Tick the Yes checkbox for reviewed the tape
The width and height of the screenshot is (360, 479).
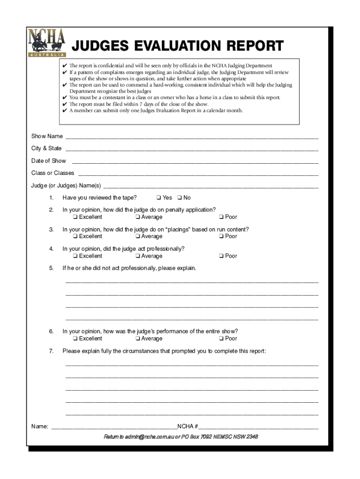click(x=159, y=198)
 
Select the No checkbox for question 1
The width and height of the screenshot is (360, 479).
click(x=180, y=198)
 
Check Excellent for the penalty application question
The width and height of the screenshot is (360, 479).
click(x=75, y=217)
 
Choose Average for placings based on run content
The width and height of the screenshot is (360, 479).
click(x=138, y=236)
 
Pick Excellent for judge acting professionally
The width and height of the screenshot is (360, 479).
click(x=75, y=256)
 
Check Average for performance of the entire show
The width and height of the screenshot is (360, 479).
click(x=138, y=339)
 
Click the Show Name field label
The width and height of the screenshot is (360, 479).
click(x=47, y=136)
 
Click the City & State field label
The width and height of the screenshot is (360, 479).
click(x=46, y=148)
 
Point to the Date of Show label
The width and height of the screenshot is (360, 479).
click(x=49, y=161)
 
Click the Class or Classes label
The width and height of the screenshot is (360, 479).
click(x=52, y=173)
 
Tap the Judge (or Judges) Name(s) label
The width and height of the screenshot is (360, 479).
click(x=66, y=185)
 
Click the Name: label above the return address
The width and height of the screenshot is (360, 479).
click(x=39, y=427)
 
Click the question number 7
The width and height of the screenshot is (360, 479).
click(x=51, y=351)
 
